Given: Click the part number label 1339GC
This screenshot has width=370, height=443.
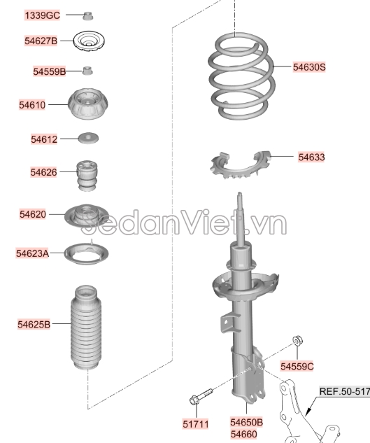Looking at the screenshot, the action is pyautogui.click(x=43, y=15).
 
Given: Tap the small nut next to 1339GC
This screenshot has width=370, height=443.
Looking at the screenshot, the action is pyautogui.click(x=88, y=15).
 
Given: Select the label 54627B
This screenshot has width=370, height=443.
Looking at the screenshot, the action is pyautogui.click(x=41, y=41).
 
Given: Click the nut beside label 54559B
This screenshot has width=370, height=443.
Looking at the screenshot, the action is pyautogui.click(x=87, y=71).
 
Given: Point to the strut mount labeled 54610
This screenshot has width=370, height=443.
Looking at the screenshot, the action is pyautogui.click(x=88, y=104).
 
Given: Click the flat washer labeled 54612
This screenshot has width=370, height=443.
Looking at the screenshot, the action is pyautogui.click(x=88, y=138).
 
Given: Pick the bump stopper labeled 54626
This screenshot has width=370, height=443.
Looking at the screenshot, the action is pyautogui.click(x=87, y=175).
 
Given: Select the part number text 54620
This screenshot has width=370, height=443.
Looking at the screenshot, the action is pyautogui.click(x=33, y=214).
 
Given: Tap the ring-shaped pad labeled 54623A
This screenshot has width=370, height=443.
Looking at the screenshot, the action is pyautogui.click(x=87, y=253).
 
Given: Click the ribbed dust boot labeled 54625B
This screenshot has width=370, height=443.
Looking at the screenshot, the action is pyautogui.click(x=86, y=327).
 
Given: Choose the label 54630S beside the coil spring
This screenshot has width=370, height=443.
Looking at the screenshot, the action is pyautogui.click(x=309, y=67).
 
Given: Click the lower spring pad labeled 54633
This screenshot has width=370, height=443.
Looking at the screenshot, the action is pyautogui.click(x=240, y=165).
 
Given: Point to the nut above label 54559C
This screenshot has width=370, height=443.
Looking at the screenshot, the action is pyautogui.click(x=297, y=340).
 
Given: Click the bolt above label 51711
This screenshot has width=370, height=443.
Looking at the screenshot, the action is pyautogui.click(x=201, y=396).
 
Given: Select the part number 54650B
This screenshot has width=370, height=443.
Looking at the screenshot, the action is pyautogui.click(x=247, y=422).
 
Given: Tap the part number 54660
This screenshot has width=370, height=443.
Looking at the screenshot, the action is pyautogui.click(x=243, y=434).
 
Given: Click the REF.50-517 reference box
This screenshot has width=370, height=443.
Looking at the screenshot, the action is pyautogui.click(x=345, y=391).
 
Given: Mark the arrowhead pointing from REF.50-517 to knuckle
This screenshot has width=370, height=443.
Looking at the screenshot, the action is pyautogui.click(x=308, y=411).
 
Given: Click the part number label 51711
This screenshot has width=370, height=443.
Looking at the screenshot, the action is pyautogui.click(x=195, y=424).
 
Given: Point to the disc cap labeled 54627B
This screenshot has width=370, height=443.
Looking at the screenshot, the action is pyautogui.click(x=89, y=41).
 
